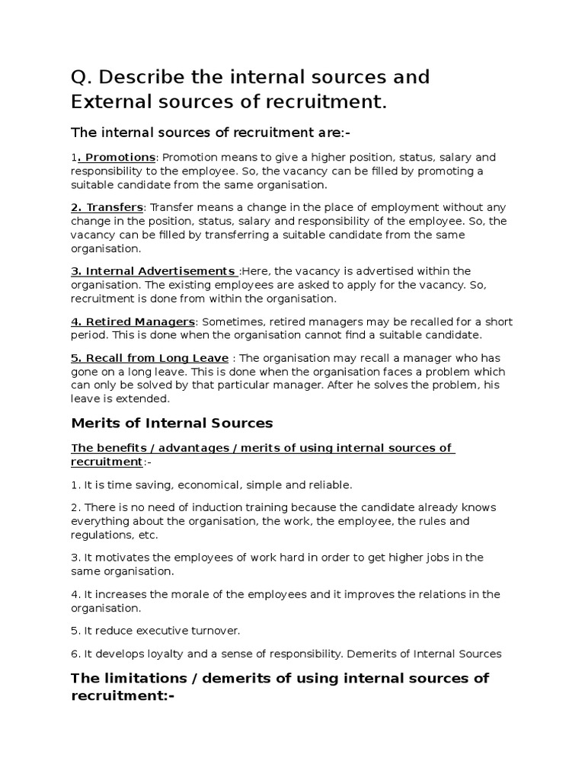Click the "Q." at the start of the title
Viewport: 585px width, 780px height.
click(x=82, y=77)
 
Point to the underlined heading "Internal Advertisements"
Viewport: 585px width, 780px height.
click(x=160, y=271)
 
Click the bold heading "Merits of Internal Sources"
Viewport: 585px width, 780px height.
click(x=171, y=423)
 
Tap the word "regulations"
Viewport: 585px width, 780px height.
click(x=102, y=535)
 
